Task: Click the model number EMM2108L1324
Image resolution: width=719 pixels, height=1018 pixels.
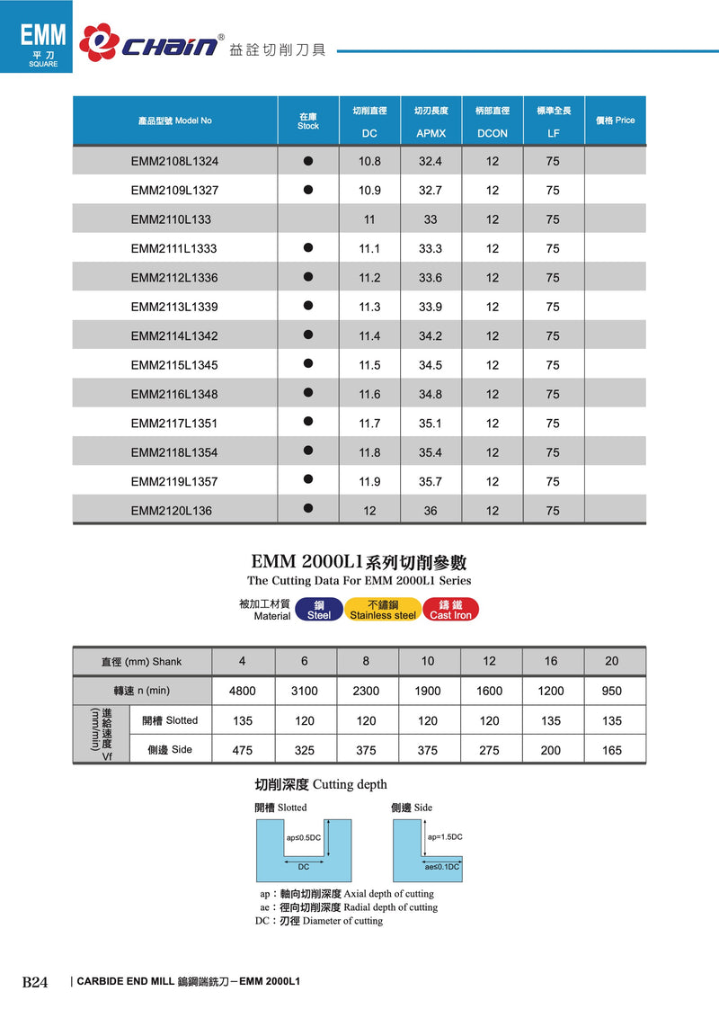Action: click(x=174, y=161)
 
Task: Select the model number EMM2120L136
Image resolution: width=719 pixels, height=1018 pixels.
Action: click(x=171, y=511)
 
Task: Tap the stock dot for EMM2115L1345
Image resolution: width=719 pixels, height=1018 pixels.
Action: click(x=308, y=364)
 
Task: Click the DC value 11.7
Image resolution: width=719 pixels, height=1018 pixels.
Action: click(x=369, y=424)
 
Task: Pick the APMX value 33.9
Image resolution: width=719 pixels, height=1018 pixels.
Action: click(x=431, y=307)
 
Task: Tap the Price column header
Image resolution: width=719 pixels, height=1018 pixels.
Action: click(x=615, y=121)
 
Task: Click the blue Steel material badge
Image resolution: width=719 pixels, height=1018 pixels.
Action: click(x=319, y=610)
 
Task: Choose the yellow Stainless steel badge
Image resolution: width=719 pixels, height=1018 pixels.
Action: click(x=383, y=610)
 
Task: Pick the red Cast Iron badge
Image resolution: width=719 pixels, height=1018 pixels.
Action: click(x=450, y=610)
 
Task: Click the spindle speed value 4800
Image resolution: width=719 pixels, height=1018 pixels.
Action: click(x=243, y=691)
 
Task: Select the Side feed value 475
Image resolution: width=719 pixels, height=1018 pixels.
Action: click(x=243, y=750)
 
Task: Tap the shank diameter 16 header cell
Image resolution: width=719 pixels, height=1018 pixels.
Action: click(x=551, y=661)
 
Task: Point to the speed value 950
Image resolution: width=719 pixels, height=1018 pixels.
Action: click(x=612, y=691)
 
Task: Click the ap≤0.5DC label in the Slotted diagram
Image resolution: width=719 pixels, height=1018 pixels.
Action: click(x=304, y=838)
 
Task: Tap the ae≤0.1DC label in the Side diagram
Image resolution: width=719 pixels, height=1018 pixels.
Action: click(x=442, y=867)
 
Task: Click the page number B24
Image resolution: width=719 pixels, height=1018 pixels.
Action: click(x=35, y=981)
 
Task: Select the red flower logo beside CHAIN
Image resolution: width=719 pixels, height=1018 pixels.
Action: click(x=98, y=42)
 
